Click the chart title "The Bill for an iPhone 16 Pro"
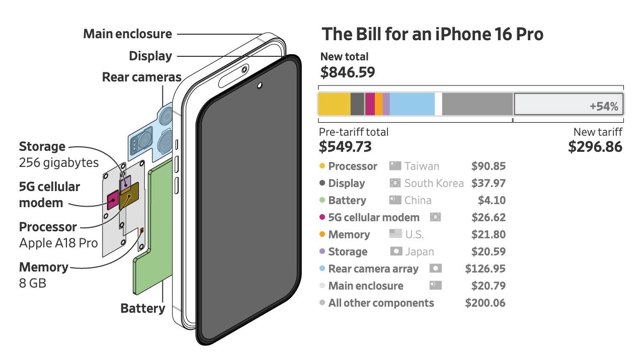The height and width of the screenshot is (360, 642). [x=432, y=34]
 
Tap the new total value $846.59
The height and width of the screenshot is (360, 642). [x=348, y=72]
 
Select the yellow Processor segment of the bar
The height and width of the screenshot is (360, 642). [x=334, y=104]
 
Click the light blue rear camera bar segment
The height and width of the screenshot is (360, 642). [x=412, y=104]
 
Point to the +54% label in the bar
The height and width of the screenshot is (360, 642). [x=604, y=107]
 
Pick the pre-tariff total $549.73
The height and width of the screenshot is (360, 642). [x=345, y=146]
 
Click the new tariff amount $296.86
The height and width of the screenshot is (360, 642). [x=595, y=146]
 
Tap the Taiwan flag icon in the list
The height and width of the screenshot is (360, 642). [x=395, y=166]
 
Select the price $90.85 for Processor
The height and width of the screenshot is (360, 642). [x=488, y=166]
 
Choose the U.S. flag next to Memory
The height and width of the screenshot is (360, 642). [x=395, y=234]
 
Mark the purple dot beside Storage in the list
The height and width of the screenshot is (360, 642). [x=322, y=251]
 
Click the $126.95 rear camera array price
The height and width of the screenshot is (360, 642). [x=485, y=269]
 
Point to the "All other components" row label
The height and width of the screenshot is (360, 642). [x=381, y=303]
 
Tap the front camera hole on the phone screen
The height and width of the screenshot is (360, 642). [x=259, y=85]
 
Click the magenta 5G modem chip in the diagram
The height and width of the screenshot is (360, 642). [x=113, y=200]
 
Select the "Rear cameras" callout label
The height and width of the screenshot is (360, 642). [x=141, y=77]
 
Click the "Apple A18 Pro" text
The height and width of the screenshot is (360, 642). [x=58, y=243]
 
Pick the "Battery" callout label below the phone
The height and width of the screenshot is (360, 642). [x=142, y=308]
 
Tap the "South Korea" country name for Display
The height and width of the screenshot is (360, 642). [x=434, y=184]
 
